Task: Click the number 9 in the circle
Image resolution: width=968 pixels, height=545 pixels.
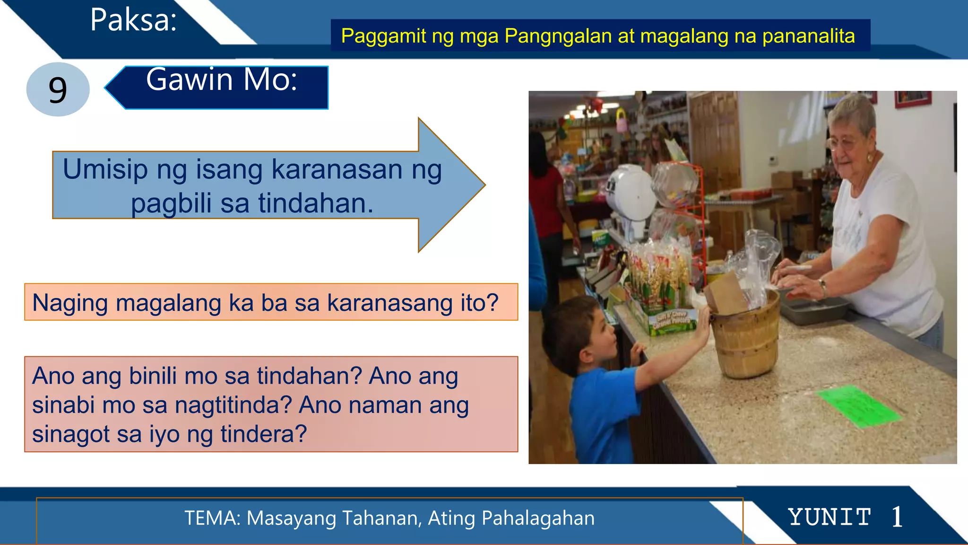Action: click(58, 90)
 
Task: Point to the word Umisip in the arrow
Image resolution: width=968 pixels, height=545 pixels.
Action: click(105, 169)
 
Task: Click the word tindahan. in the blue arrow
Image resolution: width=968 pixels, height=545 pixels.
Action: click(316, 203)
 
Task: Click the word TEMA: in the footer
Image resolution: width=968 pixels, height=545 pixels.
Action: click(213, 518)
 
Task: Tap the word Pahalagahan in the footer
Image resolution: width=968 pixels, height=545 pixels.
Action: click(538, 518)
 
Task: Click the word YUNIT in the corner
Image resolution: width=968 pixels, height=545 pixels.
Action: click(830, 517)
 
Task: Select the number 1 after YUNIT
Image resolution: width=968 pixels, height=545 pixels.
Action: click(897, 517)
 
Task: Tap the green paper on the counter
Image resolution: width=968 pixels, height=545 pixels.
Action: click(858, 406)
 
